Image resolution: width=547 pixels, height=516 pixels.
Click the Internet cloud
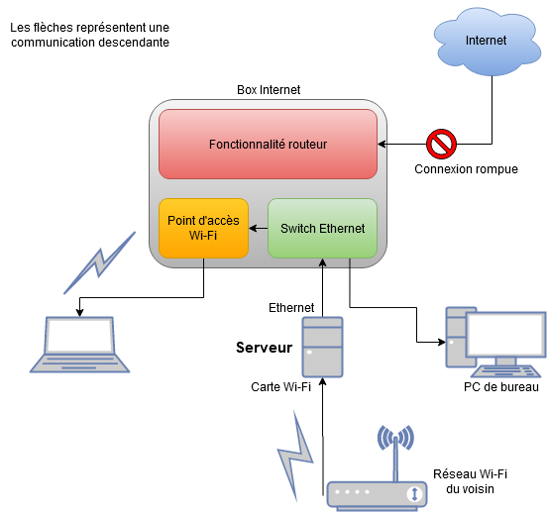pos(487,42)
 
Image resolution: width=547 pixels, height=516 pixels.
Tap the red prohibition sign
pos(441,144)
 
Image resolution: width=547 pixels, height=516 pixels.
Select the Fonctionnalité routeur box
pos(268,144)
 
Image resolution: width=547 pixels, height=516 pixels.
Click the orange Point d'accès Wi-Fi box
pos(203,229)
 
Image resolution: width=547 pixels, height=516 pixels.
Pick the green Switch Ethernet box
pos(322,229)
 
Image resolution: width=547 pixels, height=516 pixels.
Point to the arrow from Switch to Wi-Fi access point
pos(259,229)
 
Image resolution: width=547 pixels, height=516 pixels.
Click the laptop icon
pos(80,345)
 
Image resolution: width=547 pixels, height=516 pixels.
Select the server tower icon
pos(322,347)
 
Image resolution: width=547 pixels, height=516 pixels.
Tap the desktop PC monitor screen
pos(505,335)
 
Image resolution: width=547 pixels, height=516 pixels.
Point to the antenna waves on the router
pos(395,438)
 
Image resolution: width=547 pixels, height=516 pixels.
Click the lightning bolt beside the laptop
pos(100,262)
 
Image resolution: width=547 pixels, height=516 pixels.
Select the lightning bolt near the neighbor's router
pos(295,456)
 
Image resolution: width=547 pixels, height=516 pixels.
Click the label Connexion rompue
pos(466,169)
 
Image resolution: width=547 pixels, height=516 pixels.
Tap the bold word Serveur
pos(264,348)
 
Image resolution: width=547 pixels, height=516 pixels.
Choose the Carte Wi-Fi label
pos(280,387)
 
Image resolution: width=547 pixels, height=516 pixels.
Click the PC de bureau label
pos(501,387)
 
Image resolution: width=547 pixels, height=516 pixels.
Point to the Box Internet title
pos(269,90)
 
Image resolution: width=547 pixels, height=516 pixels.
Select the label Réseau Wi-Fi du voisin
pos(471,481)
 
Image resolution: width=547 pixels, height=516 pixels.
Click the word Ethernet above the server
pos(291,307)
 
